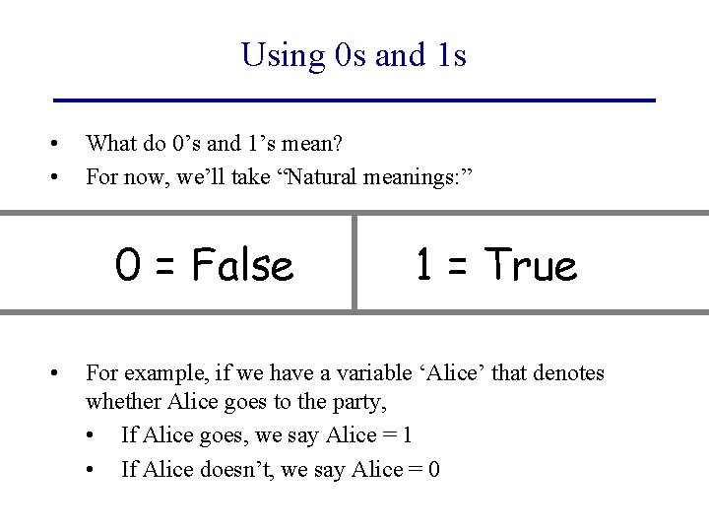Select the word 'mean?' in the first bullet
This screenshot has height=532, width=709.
312,144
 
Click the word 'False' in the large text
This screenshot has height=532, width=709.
242,265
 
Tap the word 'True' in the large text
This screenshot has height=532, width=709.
531,265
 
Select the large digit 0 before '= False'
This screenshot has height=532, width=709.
126,265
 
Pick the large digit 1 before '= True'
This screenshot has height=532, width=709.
423,265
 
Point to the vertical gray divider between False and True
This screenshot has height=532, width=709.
354,262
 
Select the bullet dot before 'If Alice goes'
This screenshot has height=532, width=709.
91,436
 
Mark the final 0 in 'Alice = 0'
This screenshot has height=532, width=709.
433,469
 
